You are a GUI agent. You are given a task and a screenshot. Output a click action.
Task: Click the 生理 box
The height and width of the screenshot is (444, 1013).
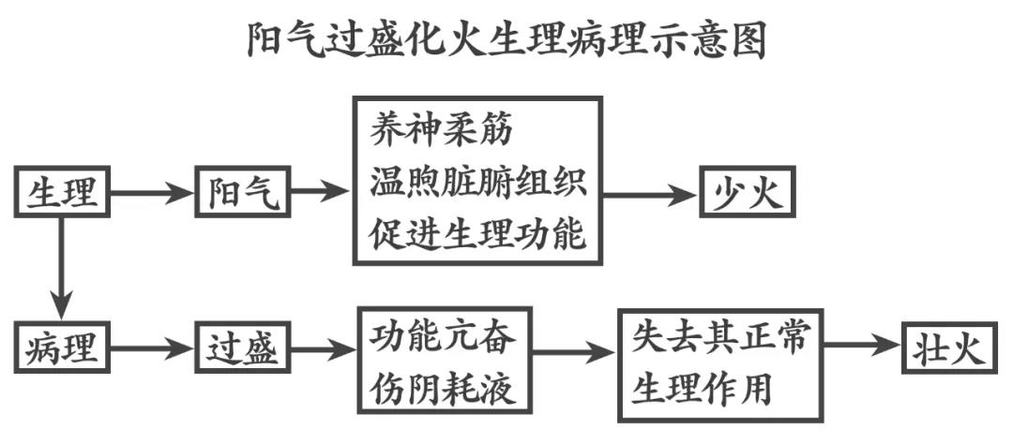(63, 194)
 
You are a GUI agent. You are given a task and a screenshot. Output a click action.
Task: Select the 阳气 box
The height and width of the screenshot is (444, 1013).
(243, 194)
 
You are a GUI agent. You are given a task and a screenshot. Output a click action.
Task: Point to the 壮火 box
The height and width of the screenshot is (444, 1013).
(948, 349)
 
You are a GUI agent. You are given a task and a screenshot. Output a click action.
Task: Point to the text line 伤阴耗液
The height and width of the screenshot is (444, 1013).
(442, 384)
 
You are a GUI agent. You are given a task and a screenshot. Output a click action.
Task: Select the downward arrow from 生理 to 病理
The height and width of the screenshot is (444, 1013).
(63, 268)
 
